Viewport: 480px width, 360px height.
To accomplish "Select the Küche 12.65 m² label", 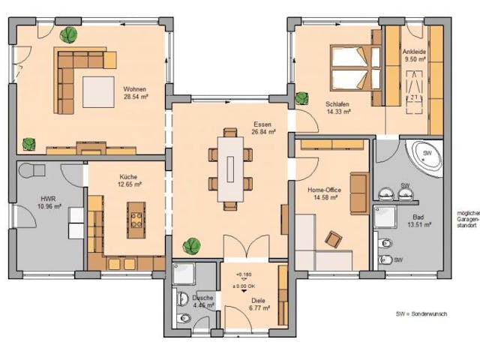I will (x=127, y=181).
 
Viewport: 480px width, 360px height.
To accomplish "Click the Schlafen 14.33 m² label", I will (x=338, y=107).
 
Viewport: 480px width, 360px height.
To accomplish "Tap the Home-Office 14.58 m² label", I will (x=324, y=193).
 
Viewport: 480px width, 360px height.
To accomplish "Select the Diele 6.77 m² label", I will (x=259, y=303).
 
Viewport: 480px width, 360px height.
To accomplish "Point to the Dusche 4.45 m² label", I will (x=202, y=301).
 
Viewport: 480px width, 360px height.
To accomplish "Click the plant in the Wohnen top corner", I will (x=69, y=34).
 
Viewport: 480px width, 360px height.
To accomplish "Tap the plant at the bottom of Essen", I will (x=192, y=244).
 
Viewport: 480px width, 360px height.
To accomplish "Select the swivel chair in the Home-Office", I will (x=331, y=238).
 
